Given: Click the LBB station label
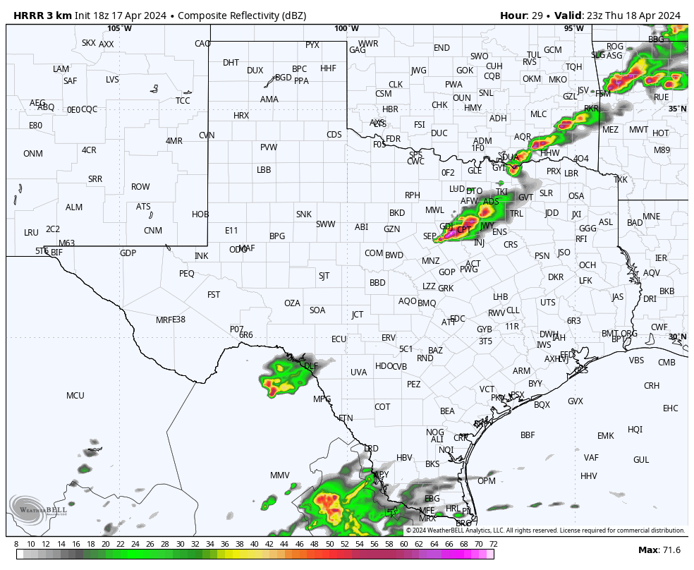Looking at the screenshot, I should [x=264, y=170].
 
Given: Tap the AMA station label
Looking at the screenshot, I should [x=269, y=99].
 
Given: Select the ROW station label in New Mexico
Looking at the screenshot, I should [x=140, y=187].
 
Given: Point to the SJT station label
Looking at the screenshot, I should [x=324, y=276].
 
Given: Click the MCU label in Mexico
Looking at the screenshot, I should [x=75, y=396].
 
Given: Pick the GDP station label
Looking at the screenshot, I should [x=128, y=253].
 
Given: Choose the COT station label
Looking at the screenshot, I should [x=382, y=407].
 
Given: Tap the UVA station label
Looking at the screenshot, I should [x=359, y=372].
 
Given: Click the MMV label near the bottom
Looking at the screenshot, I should [x=280, y=475].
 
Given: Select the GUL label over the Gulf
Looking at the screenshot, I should [x=641, y=460].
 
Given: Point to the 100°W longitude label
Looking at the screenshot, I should [x=346, y=28].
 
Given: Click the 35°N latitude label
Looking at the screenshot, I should [x=677, y=109].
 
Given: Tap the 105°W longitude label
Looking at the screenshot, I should [x=119, y=28].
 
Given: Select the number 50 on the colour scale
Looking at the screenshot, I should [x=329, y=544].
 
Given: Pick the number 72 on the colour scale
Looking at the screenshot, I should [x=493, y=544].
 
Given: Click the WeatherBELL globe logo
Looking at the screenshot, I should [x=27, y=510].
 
